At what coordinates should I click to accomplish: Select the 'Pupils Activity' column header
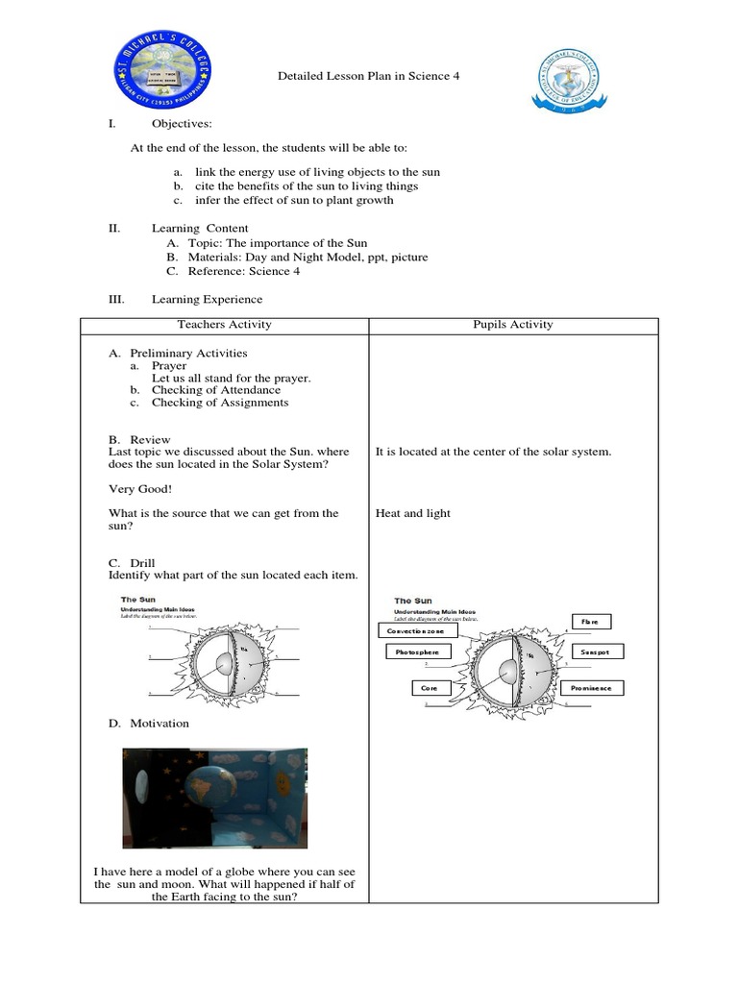[514, 324]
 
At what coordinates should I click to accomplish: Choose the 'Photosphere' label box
[417, 652]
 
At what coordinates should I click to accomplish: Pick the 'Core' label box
[430, 688]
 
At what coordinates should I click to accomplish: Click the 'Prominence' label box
[596, 688]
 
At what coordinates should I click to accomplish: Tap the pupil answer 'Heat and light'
[412, 513]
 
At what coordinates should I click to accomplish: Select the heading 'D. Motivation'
[148, 723]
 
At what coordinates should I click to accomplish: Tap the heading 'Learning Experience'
[207, 300]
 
